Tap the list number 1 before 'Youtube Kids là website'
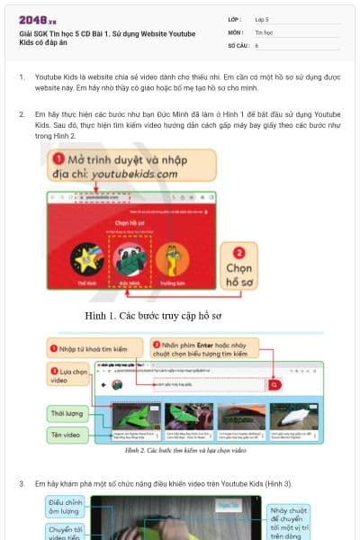coord(22,77)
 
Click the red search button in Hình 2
coord(275,384)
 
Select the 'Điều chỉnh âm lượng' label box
coord(67,508)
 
